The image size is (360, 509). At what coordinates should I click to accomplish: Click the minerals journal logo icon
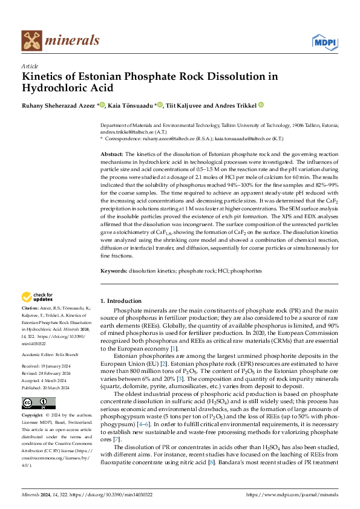pyautogui.click(x=31, y=41)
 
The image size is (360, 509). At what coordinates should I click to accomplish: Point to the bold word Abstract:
pyautogui.click(x=111, y=155)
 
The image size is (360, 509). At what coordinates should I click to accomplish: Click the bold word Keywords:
pyautogui.click(x=114, y=271)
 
